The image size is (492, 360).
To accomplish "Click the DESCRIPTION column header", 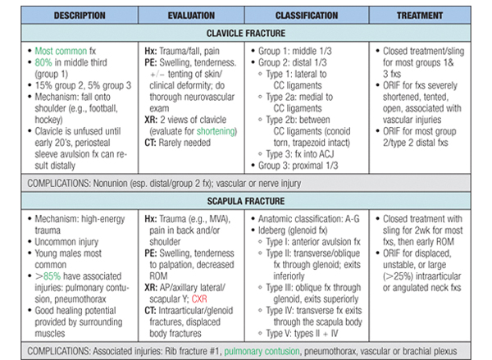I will point(68,16).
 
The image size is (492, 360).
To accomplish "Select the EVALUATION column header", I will point(191,16).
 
